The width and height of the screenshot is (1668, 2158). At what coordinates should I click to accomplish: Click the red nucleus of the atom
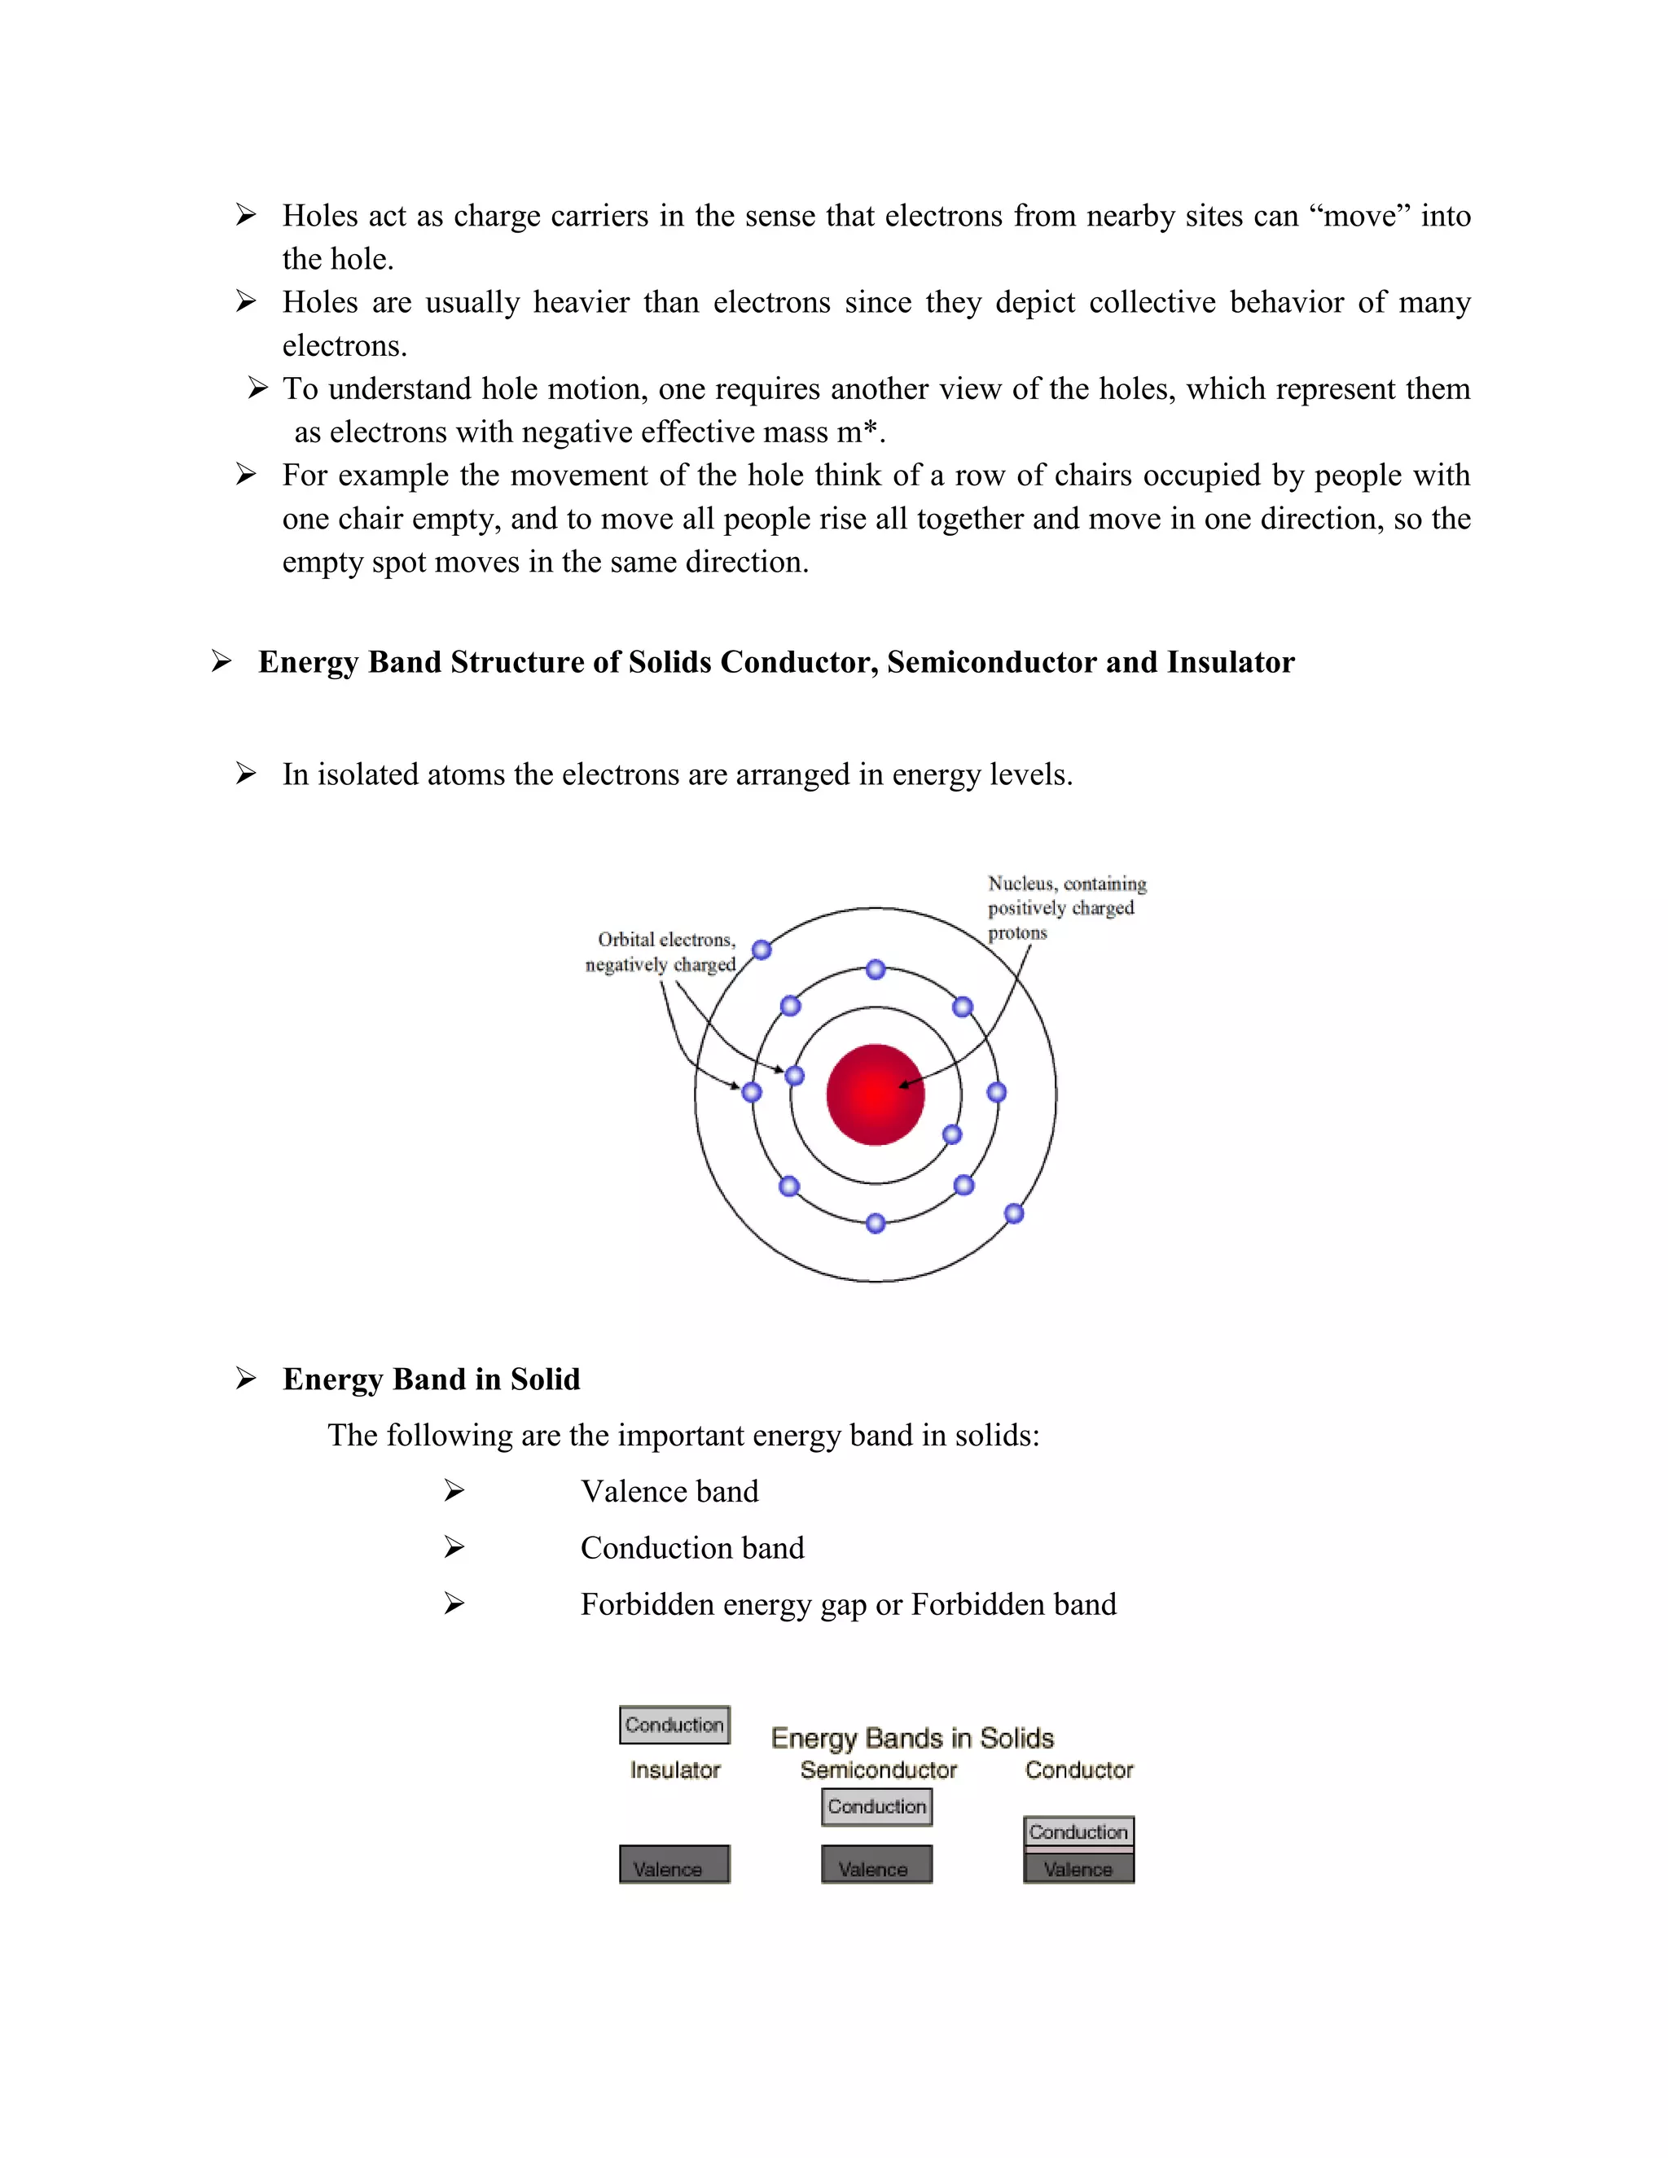[x=875, y=1094]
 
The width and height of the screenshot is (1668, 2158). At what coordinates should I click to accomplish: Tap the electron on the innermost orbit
[x=951, y=1134]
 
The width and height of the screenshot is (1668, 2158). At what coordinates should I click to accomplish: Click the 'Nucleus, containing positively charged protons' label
[x=1065, y=907]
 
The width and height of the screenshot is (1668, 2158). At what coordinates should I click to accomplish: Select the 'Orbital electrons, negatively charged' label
[x=662, y=951]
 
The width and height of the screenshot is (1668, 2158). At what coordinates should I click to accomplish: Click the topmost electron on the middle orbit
[x=875, y=969]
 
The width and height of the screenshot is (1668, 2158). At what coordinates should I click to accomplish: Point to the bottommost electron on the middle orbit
[x=875, y=1223]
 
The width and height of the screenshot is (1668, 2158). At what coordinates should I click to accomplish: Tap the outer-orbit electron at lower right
[x=1014, y=1213]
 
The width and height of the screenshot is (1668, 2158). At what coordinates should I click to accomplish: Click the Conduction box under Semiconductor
[x=876, y=1806]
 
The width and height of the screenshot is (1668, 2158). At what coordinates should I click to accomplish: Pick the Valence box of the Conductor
[x=1078, y=1868]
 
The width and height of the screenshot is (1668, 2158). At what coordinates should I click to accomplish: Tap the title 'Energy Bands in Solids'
[x=912, y=1738]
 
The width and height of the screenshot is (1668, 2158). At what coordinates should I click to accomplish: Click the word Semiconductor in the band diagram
[x=879, y=1770]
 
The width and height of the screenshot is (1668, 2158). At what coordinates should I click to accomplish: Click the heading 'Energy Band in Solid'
[x=431, y=1379]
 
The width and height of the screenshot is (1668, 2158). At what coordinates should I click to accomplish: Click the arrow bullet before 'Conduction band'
[x=454, y=1547]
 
